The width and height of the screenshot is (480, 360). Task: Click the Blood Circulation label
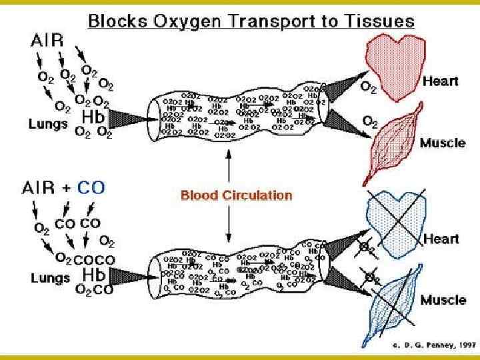(x=237, y=195)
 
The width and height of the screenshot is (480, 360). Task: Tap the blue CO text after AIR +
(x=91, y=187)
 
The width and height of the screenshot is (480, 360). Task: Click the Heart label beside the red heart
(x=441, y=81)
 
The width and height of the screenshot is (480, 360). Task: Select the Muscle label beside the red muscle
(x=443, y=143)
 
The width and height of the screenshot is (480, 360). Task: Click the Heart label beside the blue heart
(x=441, y=238)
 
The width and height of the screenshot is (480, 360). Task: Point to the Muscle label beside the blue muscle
(x=443, y=300)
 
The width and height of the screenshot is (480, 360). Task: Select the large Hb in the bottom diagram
(x=93, y=274)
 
